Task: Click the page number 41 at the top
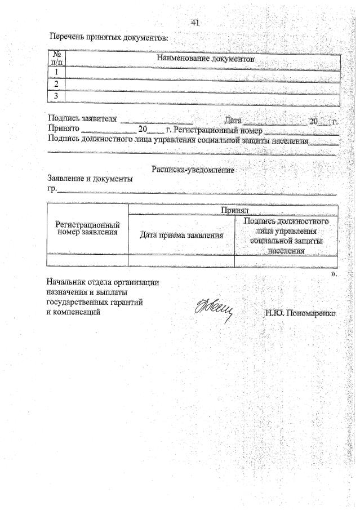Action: click(195, 23)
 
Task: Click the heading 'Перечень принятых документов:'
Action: click(108, 37)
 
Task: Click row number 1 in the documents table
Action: click(56, 73)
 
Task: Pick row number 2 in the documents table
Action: click(56, 85)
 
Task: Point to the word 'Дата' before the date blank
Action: click(232, 120)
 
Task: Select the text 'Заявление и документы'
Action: click(91, 180)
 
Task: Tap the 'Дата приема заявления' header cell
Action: click(181, 236)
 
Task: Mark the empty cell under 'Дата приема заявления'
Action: click(181, 260)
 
